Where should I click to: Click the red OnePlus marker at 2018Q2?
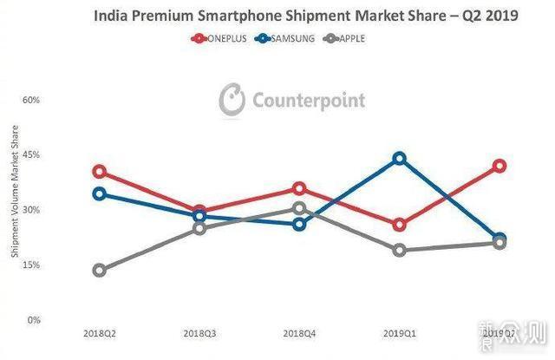coord(100,172)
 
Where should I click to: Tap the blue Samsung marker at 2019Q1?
coord(399,159)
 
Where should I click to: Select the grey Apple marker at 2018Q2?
coord(100,271)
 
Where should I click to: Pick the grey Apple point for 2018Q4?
coord(299,208)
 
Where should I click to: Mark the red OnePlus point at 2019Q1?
coord(399,225)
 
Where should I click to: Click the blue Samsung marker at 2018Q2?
coord(100,193)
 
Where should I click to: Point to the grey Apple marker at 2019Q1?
coord(399,251)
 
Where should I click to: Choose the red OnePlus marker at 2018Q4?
coord(299,188)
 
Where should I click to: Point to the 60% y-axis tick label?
coord(31,100)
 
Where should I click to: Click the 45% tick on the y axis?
coord(31,154)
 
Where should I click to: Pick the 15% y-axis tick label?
coord(31,265)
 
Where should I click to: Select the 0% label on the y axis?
coord(34,320)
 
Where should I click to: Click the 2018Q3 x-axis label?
coord(199,333)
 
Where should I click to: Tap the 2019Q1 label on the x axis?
coord(399,333)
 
